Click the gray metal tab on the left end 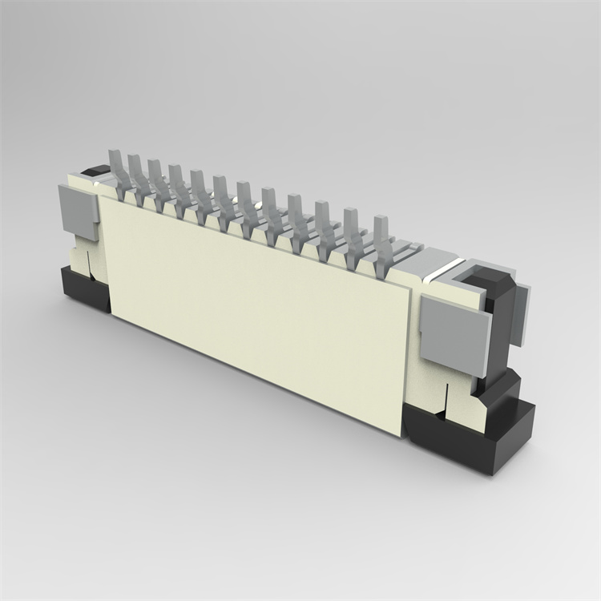pos(78,211)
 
